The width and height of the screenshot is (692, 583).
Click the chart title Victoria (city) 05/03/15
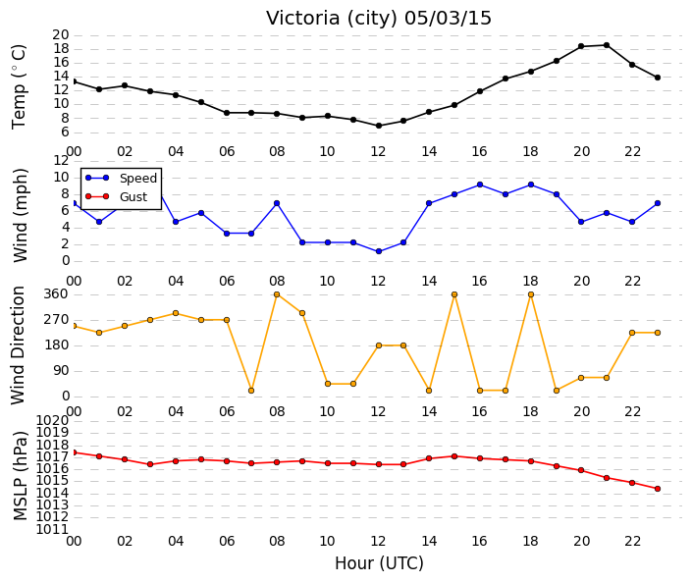point(379,19)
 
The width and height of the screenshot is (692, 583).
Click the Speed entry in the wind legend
point(138,179)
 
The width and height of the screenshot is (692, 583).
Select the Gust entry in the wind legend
point(133,197)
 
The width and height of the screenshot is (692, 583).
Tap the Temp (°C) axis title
point(19,87)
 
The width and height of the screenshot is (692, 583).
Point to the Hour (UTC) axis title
point(379,563)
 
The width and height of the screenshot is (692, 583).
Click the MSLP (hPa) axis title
point(21,476)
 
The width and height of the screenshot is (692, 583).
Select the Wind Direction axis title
point(18,345)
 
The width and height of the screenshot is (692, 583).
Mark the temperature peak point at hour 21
point(607,45)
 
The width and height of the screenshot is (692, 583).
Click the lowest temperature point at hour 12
point(379,126)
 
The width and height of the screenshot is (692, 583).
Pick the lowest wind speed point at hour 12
point(379,251)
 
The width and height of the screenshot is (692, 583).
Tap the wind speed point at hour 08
point(277,203)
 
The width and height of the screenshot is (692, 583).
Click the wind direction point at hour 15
point(454,294)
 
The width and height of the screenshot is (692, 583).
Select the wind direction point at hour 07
point(251,391)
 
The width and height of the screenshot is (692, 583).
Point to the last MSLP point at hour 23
point(658,489)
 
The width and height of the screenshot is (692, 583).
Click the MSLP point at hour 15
point(454,455)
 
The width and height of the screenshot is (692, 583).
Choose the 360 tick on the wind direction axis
point(57,293)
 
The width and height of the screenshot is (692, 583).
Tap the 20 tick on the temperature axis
point(61,35)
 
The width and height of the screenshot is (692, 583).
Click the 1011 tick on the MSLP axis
point(53,529)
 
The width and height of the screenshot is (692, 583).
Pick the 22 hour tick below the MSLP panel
point(632,541)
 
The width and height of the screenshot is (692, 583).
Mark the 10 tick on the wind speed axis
point(61,178)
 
